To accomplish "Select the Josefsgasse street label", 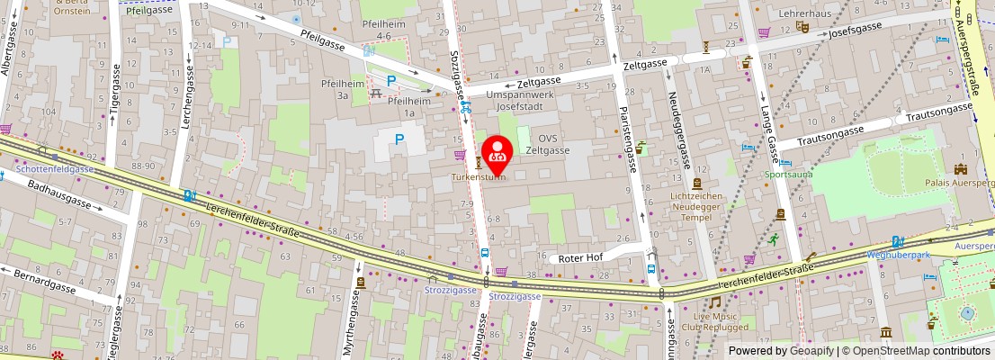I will point(855,30).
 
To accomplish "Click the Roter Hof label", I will point(580,257).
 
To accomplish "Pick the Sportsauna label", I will point(788,174).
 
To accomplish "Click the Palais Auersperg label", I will point(959,182).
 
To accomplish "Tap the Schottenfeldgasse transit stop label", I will point(54,168).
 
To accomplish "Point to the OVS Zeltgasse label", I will point(549,144).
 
